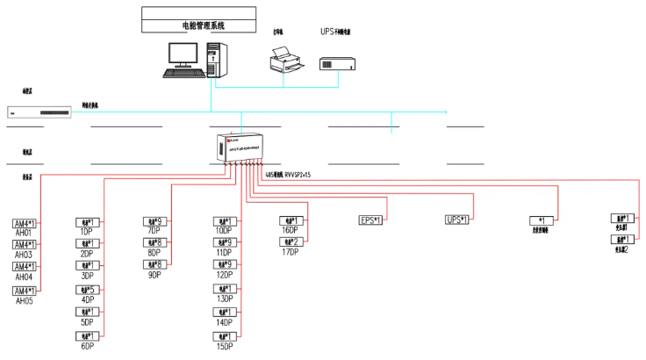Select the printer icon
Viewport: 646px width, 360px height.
coord(284,60)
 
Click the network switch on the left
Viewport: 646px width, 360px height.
coord(39,112)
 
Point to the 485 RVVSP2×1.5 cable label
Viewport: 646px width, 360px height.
coord(289,175)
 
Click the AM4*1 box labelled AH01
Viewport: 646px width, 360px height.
coord(25,223)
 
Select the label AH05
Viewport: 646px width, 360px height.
coord(25,300)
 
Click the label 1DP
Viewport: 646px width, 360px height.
coord(87,232)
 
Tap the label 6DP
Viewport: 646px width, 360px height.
coord(87,346)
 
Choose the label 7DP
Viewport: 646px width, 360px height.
coord(154,232)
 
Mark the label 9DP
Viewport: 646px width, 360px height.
coord(154,275)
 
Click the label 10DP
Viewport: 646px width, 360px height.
coord(223,232)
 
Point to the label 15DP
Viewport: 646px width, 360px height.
coord(223,346)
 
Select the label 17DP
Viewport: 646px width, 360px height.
coord(290,252)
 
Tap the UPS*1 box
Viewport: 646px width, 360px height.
coord(457,220)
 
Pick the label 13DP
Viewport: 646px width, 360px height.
coord(223,299)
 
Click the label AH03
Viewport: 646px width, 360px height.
coord(25,255)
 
